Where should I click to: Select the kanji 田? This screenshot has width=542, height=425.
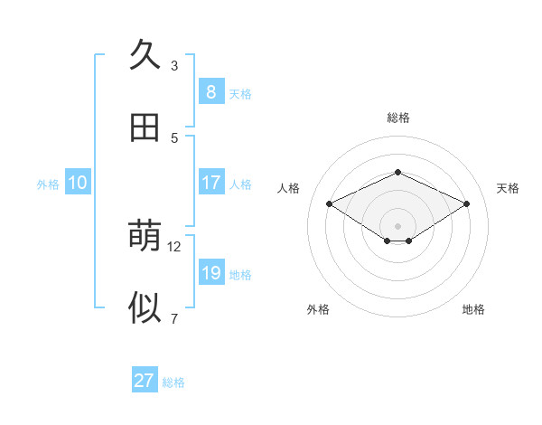(145, 128)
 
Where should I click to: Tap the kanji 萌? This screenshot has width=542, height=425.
(145, 237)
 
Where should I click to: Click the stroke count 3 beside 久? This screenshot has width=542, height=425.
(174, 65)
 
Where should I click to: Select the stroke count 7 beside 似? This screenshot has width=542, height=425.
(174, 318)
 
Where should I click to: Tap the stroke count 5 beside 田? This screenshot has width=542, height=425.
(174, 137)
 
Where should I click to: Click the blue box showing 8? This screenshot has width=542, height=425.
(210, 91)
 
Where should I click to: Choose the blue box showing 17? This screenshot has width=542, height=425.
(210, 182)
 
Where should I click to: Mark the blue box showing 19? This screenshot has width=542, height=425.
(210, 272)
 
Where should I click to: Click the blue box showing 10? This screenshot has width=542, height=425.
(78, 182)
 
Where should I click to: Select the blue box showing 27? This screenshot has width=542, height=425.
(144, 381)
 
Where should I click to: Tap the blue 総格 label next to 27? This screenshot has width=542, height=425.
(173, 382)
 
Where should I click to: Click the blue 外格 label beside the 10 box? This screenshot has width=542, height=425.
(48, 184)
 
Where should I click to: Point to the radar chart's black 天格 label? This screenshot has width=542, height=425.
(508, 188)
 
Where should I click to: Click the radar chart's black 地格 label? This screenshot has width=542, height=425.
(473, 309)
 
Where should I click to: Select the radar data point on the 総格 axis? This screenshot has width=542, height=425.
(397, 172)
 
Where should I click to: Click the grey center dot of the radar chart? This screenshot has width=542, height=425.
(397, 225)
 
